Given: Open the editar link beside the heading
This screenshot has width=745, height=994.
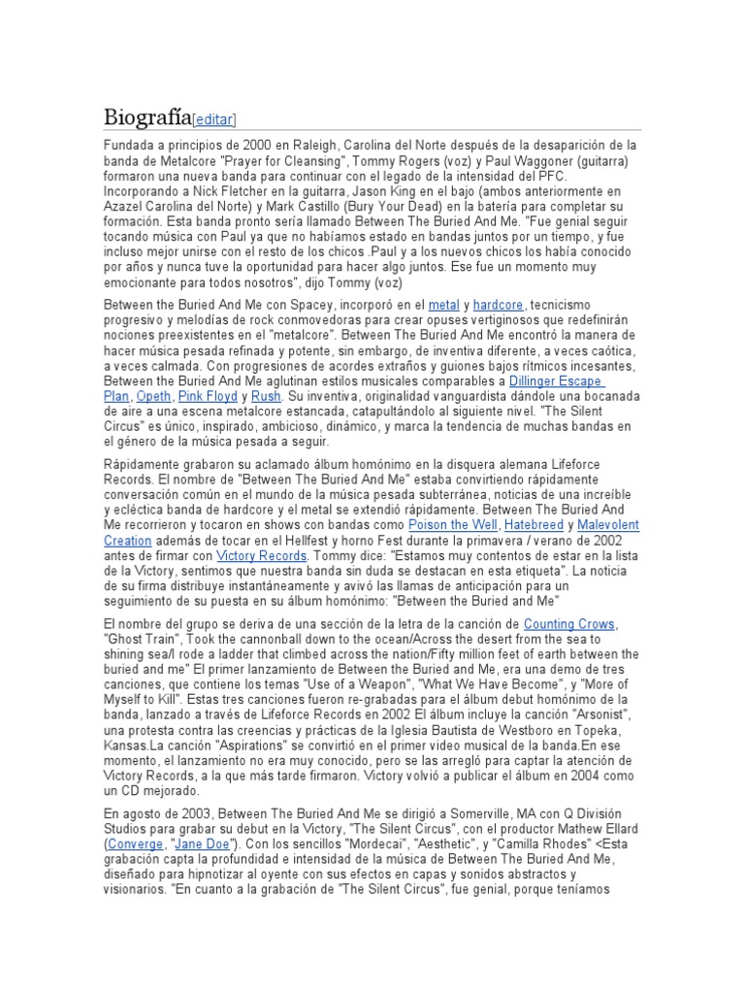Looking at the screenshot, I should pyautogui.click(x=214, y=119).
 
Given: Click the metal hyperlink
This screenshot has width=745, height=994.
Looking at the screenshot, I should pyautogui.click(x=443, y=305).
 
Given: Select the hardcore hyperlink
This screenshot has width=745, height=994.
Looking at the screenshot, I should pyautogui.click(x=498, y=305).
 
